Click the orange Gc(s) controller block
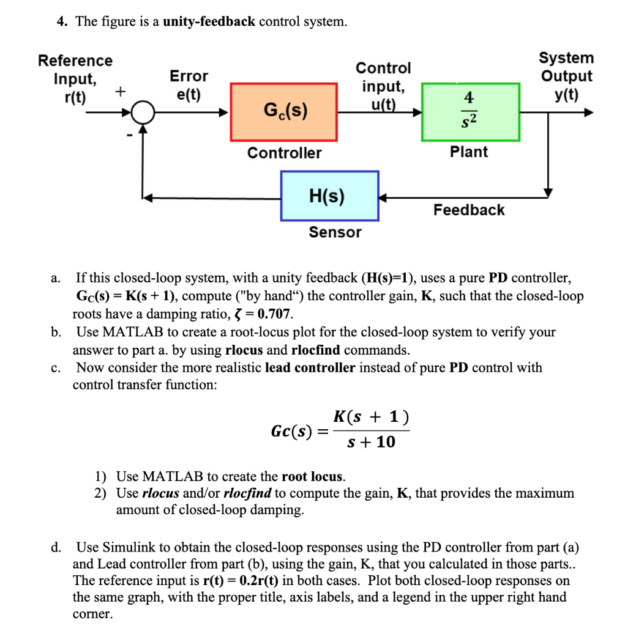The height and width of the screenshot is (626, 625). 283,112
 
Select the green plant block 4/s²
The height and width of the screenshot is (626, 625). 470,112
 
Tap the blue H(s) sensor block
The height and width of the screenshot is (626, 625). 329,196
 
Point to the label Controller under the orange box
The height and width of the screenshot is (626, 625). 284,153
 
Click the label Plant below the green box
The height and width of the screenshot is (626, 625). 469,152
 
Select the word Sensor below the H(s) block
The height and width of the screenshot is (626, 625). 335,232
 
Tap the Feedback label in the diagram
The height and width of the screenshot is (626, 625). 469,210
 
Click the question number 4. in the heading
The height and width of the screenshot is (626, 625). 62,22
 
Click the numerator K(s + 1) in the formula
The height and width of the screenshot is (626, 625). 371,418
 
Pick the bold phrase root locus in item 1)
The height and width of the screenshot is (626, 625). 312,476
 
